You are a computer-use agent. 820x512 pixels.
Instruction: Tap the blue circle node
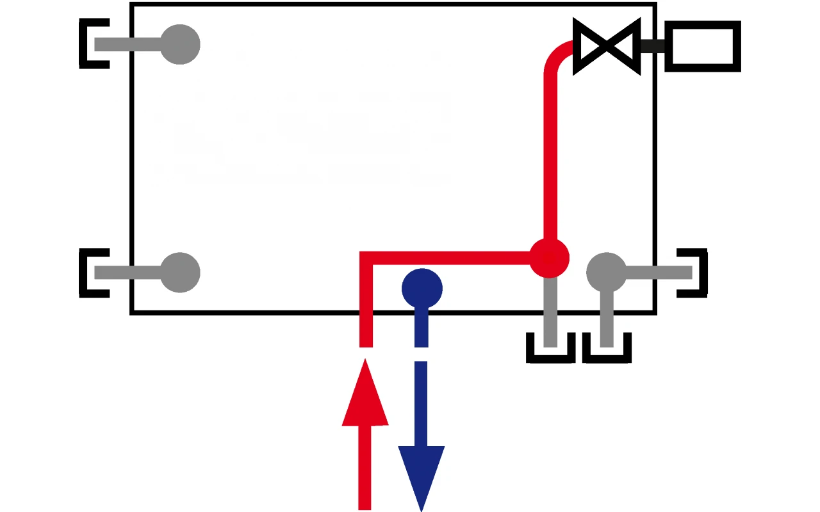(422, 289)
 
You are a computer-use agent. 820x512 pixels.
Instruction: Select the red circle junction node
(549, 258)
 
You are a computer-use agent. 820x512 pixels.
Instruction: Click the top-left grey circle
(180, 44)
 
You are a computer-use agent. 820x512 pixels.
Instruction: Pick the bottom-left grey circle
(180, 273)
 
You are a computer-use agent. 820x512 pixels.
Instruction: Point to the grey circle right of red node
(607, 272)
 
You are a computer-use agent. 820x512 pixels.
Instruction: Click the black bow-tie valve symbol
(607, 45)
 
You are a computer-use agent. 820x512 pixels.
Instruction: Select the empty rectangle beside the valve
(703, 45)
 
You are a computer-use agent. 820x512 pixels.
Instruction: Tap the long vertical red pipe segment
(550, 154)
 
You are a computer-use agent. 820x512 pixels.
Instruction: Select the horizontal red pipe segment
(448, 258)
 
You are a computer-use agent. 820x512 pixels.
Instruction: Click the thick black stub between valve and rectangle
(652, 45)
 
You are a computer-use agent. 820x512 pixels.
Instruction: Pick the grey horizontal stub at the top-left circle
(128, 44)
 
